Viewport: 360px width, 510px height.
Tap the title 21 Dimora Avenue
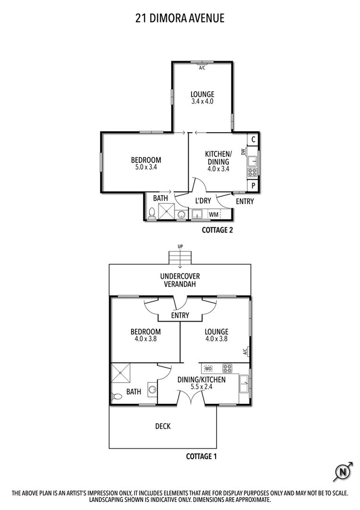tap(180, 18)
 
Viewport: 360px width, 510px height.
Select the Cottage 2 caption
tap(218, 230)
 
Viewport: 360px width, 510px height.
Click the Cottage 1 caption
tap(201, 456)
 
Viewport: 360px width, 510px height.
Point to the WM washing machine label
tap(214, 215)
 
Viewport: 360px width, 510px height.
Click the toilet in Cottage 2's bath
tap(151, 213)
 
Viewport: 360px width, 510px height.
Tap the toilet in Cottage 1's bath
tap(117, 397)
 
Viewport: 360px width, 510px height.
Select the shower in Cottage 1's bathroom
tap(120, 373)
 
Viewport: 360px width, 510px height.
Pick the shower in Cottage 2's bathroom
tap(167, 212)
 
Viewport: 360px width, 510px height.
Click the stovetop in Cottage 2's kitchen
tap(252, 172)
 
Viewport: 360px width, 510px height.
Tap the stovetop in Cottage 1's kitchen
tap(227, 368)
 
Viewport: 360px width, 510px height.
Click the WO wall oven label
tap(208, 368)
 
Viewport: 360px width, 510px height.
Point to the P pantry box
tap(253, 186)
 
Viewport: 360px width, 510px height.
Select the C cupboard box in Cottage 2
tap(253, 140)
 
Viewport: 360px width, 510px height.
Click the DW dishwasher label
tap(243, 152)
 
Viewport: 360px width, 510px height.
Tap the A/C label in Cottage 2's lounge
tap(202, 68)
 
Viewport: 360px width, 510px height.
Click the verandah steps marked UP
tap(180, 258)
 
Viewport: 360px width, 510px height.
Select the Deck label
tap(163, 426)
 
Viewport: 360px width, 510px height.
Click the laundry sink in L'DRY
tap(197, 214)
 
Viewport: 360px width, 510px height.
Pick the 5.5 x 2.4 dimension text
tap(201, 387)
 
